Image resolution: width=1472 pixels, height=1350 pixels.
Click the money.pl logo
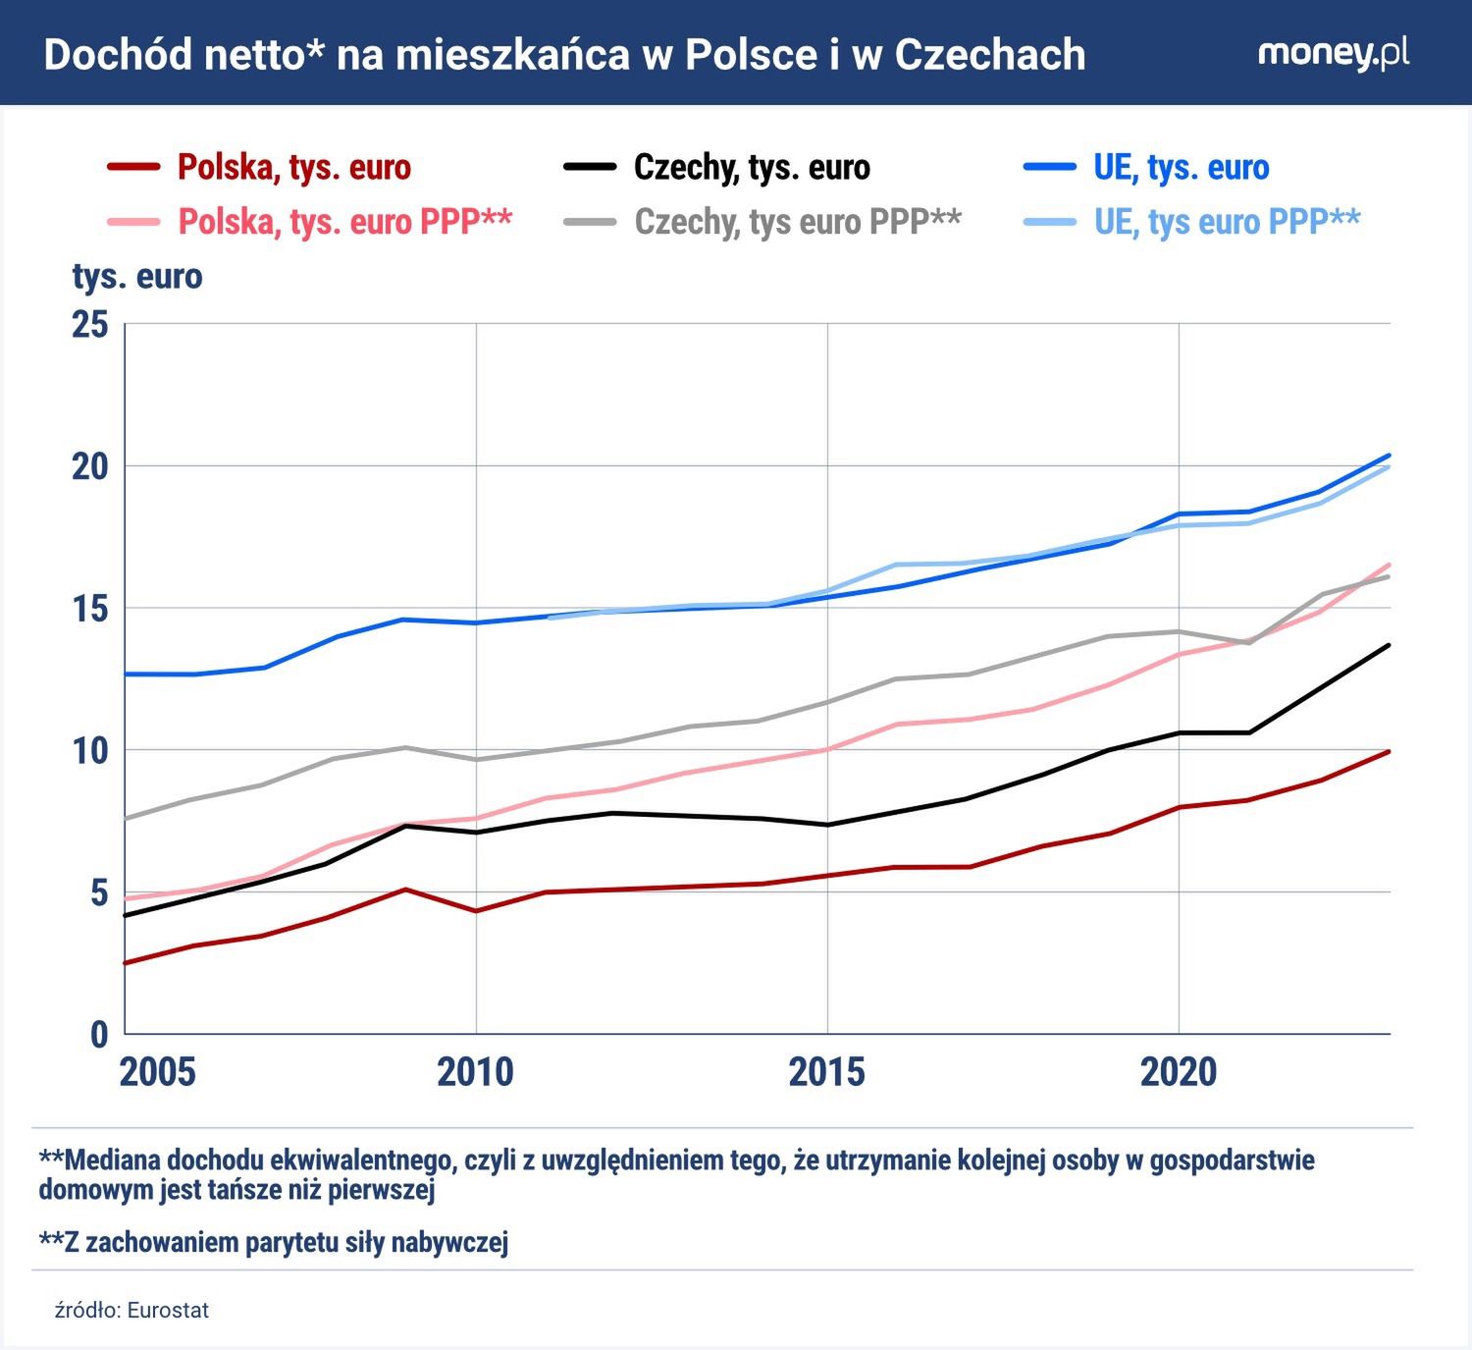[1333, 53]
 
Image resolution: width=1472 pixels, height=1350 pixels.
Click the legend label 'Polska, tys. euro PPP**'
[344, 222]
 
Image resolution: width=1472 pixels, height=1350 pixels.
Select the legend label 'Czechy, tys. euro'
[752, 168]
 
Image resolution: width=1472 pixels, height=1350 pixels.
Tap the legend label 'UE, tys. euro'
[1181, 168]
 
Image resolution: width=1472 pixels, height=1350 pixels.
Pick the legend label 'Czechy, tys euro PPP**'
[798, 222]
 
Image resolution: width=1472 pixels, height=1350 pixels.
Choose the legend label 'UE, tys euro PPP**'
[1227, 222]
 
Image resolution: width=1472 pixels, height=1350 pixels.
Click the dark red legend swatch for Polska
[133, 168]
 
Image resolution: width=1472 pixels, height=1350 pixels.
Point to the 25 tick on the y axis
[90, 324]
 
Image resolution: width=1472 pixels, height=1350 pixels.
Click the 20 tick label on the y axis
[90, 466]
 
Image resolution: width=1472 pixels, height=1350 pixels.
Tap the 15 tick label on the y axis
[90, 609]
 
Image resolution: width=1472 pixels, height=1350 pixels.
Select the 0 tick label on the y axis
[99, 1034]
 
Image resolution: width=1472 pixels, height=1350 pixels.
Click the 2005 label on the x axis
[157, 1072]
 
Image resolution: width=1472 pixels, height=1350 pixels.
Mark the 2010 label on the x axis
[475, 1072]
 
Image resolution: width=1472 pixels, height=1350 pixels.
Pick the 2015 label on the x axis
[826, 1072]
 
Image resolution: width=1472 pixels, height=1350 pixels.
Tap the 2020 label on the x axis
[1178, 1072]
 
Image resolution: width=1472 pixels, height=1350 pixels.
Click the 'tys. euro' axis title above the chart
[137, 277]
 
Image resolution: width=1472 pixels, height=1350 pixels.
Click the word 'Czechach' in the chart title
[990, 55]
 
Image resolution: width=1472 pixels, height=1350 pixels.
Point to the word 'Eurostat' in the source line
[168, 1311]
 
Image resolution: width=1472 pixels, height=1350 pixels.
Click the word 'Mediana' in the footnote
[113, 1161]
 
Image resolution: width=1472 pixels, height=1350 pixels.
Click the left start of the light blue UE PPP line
[548, 618]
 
